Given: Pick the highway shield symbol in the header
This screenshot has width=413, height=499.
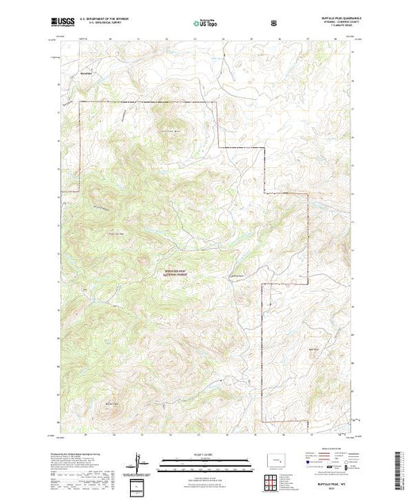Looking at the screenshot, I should (x=274, y=23).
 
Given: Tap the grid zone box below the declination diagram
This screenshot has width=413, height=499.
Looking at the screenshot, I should (x=139, y=485).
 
